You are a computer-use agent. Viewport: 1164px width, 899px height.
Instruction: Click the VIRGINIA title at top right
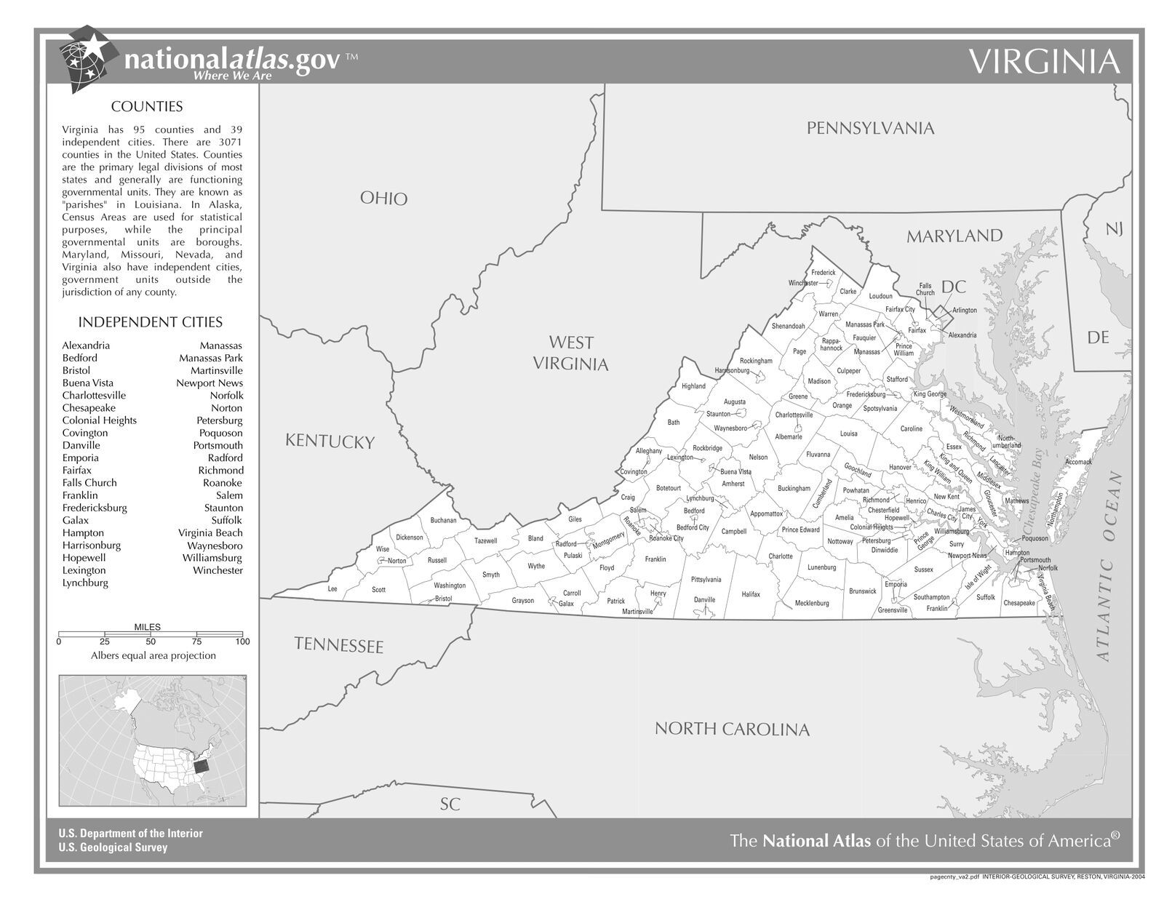[1045, 63]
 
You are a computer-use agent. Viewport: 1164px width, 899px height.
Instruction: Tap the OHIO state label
[383, 198]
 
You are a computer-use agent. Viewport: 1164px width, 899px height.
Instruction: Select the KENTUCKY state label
[330, 441]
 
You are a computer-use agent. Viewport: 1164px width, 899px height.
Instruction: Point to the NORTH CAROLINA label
[731, 729]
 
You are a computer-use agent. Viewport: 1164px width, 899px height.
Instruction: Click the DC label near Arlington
[953, 287]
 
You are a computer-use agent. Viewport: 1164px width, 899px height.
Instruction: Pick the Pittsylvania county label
[706, 580]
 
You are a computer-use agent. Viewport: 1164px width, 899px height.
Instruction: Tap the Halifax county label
[751, 594]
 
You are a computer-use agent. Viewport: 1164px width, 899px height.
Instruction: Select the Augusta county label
[734, 401]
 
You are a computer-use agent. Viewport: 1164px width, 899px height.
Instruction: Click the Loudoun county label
[880, 296]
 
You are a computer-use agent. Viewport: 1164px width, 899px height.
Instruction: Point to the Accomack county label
[1078, 462]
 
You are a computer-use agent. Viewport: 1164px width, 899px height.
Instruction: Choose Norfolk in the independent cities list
[226, 395]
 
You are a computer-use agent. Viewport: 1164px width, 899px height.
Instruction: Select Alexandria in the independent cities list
[86, 345]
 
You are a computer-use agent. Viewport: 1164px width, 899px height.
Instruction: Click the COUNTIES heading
[146, 107]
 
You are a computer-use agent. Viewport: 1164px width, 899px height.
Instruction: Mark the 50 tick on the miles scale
[151, 642]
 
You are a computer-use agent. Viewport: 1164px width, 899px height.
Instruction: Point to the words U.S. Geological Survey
[113, 847]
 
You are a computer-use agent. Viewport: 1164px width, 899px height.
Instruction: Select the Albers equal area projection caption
[153, 655]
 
